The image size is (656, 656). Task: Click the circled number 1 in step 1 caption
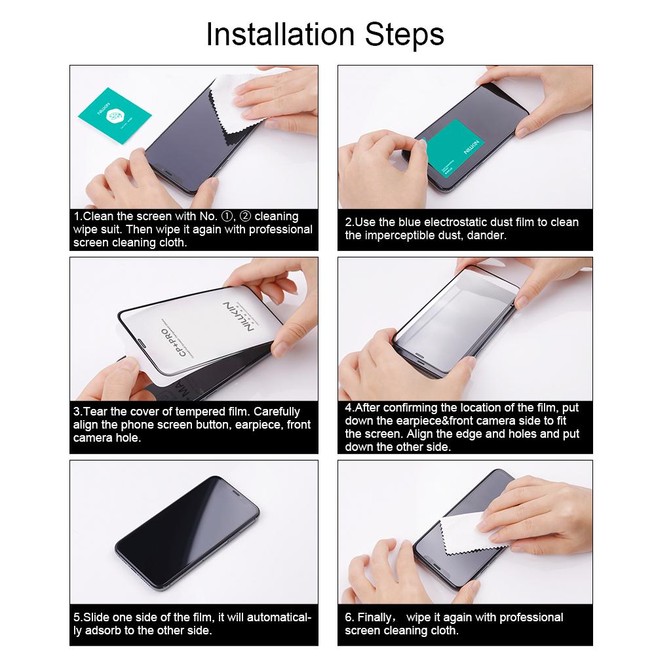tap(228, 216)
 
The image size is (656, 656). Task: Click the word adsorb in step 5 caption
tap(100, 630)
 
